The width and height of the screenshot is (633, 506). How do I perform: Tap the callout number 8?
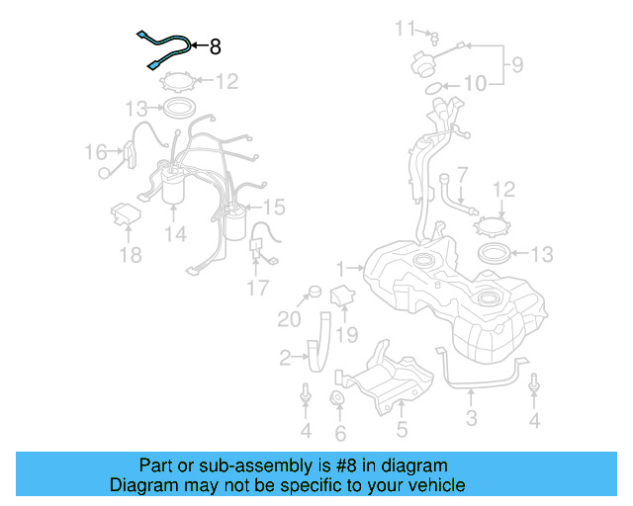(x=215, y=45)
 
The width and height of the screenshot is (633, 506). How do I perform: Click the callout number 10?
(x=475, y=85)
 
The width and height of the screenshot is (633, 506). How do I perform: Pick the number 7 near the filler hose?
(x=462, y=174)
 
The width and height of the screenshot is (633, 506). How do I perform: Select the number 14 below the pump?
(x=175, y=234)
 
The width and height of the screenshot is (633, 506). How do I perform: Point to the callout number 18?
(x=131, y=256)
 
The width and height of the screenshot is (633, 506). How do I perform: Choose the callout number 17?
(x=257, y=289)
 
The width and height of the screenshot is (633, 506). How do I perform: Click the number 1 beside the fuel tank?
(x=341, y=268)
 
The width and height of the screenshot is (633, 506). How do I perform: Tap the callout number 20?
(x=288, y=318)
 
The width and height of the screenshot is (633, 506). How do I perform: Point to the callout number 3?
(x=472, y=418)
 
